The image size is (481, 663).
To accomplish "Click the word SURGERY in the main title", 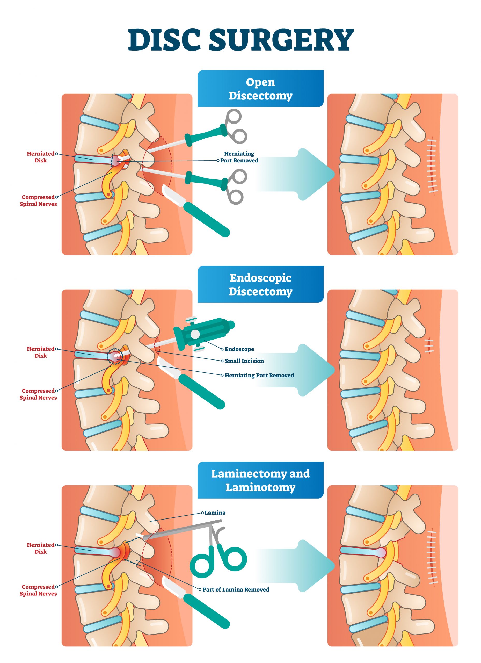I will tap(281, 40).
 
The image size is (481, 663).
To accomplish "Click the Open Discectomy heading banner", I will tap(260, 89).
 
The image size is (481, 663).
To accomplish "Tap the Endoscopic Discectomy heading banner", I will tap(260, 284).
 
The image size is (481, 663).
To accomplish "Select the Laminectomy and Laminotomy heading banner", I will tap(260, 480).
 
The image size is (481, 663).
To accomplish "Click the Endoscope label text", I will tap(239, 349).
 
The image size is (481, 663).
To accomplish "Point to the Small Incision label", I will tap(244, 361).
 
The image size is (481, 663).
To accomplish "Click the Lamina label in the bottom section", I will tap(215, 513).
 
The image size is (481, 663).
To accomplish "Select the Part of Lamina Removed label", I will tap(236, 590).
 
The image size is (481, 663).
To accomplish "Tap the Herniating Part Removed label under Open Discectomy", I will tap(239, 157).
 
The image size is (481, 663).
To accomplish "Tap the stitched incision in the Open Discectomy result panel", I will tap(431, 165).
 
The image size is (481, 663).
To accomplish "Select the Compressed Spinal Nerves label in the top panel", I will tap(38, 200).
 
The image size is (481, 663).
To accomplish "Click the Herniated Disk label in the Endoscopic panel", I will tap(40, 352).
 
